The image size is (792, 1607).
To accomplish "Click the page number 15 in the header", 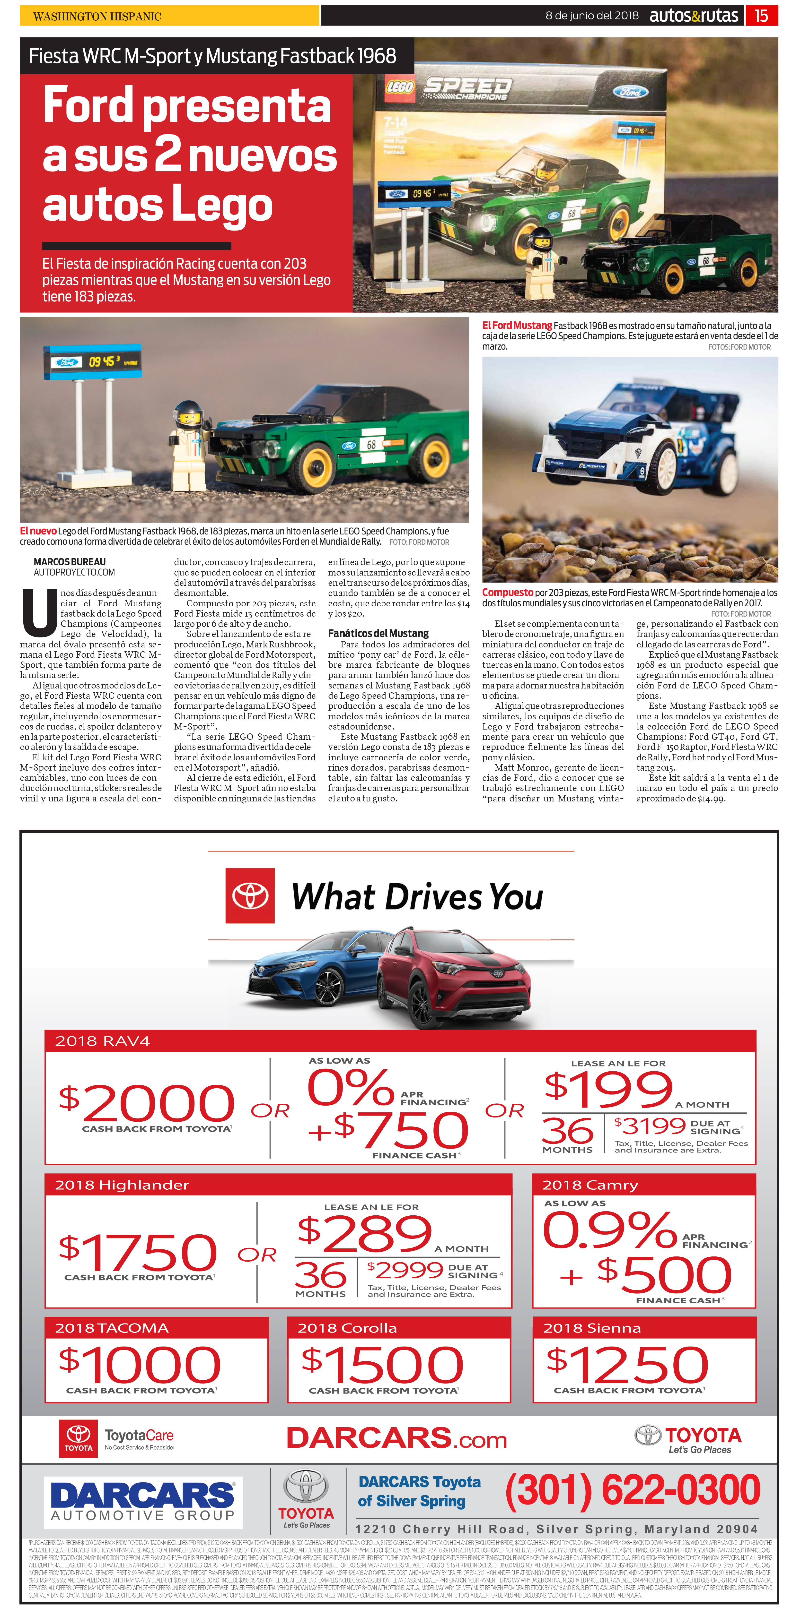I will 761,16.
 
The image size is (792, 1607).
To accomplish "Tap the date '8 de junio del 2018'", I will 592,16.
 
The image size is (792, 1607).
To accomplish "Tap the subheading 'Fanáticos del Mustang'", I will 378,633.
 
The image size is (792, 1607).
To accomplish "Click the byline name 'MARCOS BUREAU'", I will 69,561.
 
